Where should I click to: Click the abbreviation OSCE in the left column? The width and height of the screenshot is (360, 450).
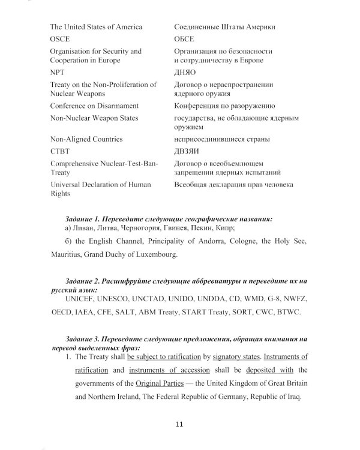pos(60,38)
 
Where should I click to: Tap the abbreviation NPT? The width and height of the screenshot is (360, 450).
pos(57,72)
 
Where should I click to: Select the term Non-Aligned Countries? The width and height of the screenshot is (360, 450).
pos(86,139)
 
